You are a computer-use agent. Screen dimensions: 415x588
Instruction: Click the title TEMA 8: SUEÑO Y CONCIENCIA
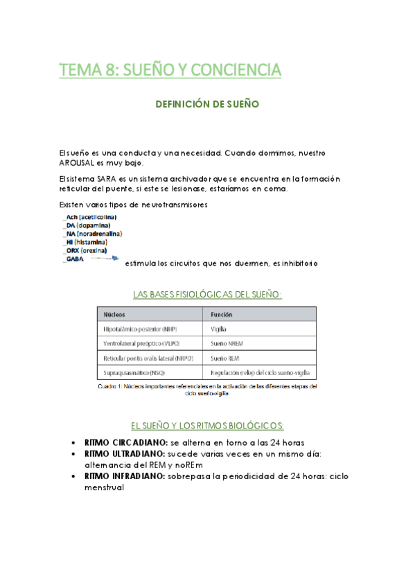point(170,70)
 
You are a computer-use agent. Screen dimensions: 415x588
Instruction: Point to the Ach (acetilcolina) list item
point(91,217)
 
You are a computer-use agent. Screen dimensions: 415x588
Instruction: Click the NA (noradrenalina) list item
point(94,234)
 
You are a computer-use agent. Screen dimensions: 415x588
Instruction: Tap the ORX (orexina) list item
point(87,250)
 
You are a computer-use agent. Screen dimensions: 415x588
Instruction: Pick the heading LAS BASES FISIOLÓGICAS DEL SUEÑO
point(207,295)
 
